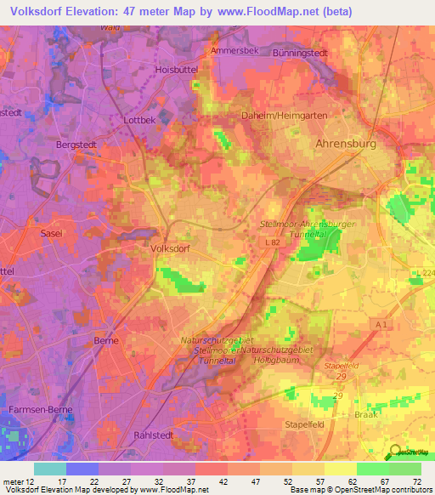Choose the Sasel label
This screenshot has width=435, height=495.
tap(52, 231)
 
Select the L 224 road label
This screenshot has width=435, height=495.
tap(424, 271)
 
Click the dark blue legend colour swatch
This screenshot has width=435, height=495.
tap(82, 469)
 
